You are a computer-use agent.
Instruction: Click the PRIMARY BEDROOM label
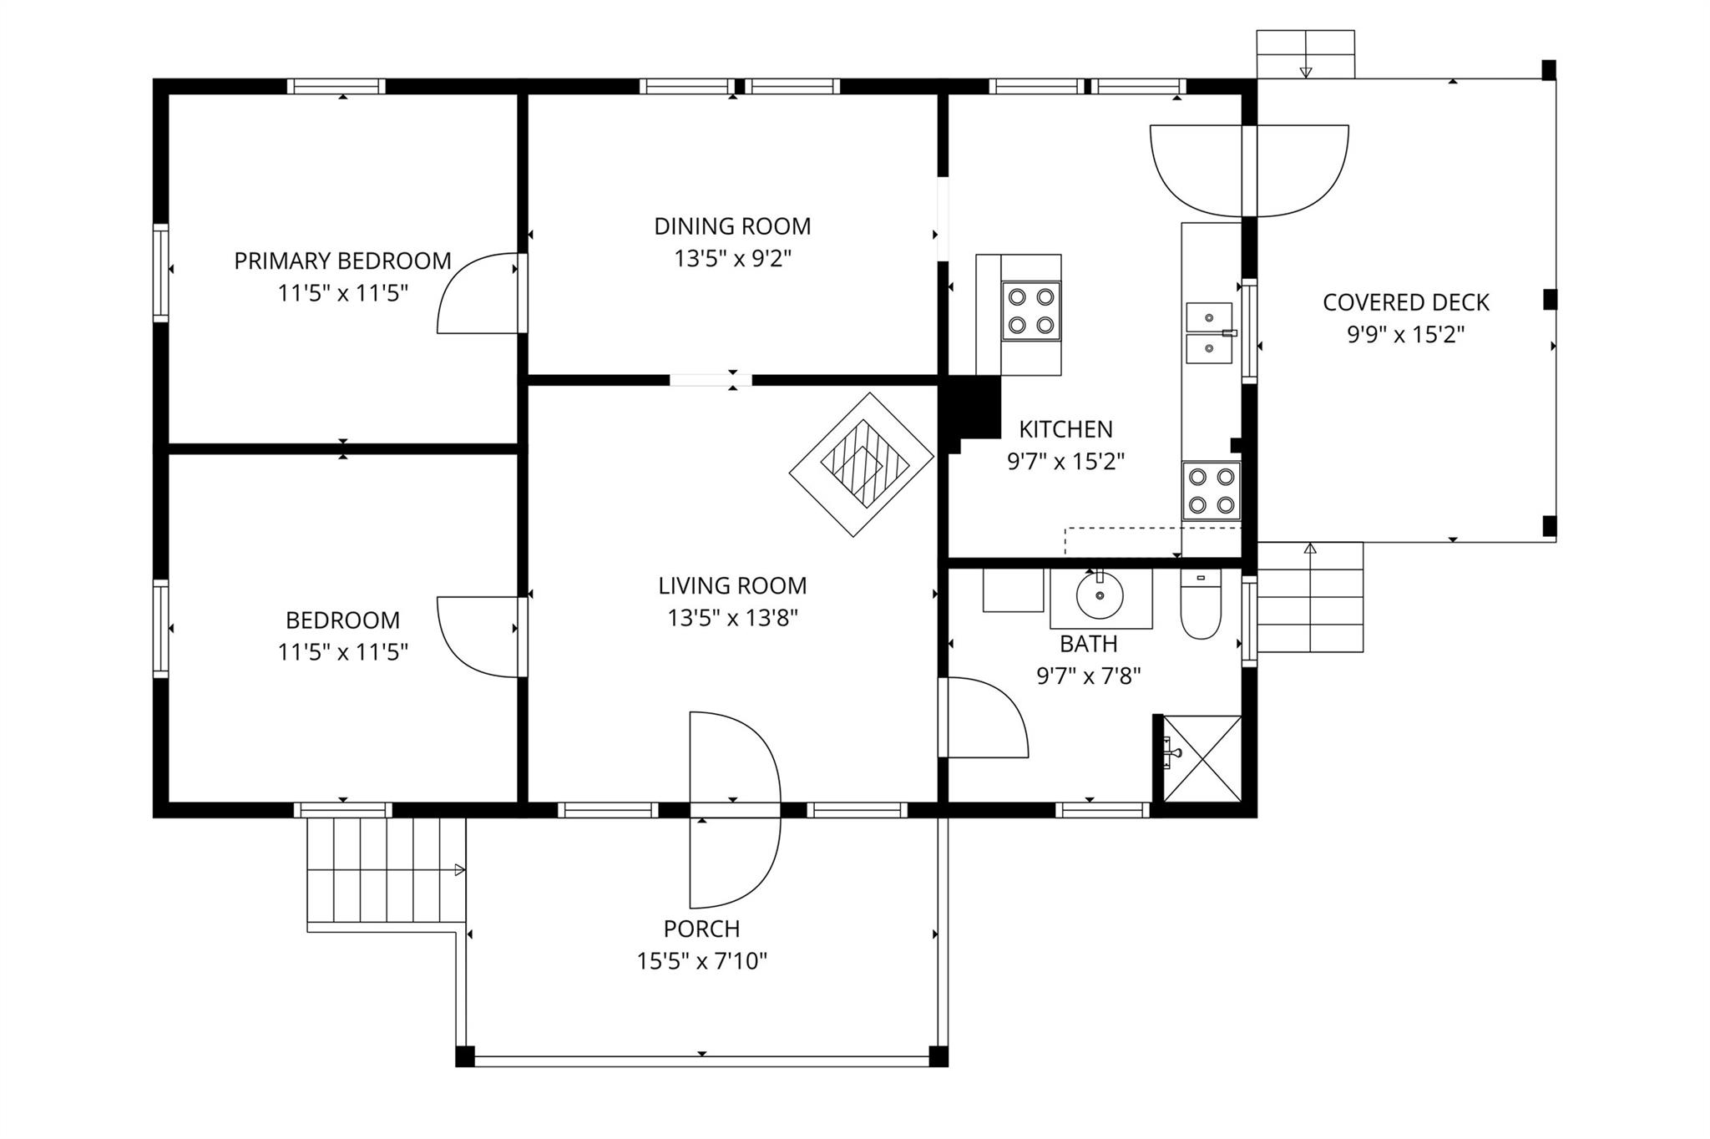click(x=342, y=261)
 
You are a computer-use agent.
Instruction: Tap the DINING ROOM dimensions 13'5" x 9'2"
click(x=732, y=259)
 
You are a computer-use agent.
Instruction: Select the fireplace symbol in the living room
click(x=862, y=464)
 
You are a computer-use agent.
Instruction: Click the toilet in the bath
click(x=1201, y=604)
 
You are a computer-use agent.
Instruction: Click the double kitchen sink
click(x=1210, y=333)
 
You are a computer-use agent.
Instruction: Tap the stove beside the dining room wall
click(x=1031, y=311)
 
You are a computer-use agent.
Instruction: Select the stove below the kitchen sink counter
click(x=1212, y=491)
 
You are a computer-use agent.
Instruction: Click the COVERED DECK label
click(x=1406, y=302)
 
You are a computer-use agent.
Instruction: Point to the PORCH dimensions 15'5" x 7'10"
click(x=702, y=961)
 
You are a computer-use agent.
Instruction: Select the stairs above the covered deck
click(x=1306, y=54)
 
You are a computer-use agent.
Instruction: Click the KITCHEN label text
click(x=1066, y=429)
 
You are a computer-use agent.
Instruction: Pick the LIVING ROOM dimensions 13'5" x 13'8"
click(x=732, y=618)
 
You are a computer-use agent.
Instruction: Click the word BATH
click(x=1089, y=644)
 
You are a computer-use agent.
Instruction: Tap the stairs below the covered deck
click(x=1310, y=597)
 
